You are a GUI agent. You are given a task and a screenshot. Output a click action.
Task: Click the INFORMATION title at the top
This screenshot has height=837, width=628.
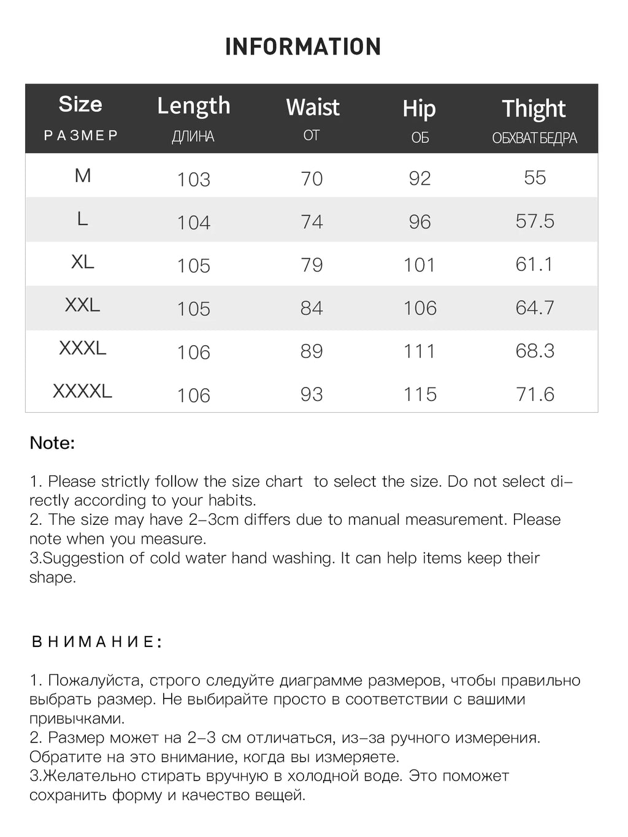tap(303, 47)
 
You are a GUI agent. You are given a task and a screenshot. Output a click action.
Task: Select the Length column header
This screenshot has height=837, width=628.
tap(194, 106)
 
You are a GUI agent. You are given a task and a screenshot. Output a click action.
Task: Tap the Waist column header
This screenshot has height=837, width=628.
tap(312, 107)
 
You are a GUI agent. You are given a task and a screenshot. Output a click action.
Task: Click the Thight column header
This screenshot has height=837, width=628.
tap(534, 109)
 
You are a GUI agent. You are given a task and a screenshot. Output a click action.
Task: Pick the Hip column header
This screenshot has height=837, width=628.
tap(419, 109)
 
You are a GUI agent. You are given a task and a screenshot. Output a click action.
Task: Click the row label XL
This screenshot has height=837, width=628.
tap(83, 262)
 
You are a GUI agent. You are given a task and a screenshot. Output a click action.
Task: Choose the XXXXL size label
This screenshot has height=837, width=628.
tap(83, 391)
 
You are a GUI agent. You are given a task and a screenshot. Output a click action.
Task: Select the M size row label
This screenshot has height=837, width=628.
tap(83, 176)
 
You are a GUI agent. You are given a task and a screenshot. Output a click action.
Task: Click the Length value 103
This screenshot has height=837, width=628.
tap(194, 179)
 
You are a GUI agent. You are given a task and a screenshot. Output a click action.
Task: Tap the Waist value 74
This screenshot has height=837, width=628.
tap(312, 221)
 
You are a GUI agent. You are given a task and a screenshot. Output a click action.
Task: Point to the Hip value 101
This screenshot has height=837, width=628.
tap(419, 265)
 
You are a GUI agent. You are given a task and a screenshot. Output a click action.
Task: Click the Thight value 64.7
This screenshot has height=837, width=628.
tap(535, 308)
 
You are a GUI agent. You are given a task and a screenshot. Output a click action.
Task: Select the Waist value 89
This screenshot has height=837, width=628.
tap(312, 351)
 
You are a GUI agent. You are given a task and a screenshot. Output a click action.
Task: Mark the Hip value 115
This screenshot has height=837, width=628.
tap(420, 394)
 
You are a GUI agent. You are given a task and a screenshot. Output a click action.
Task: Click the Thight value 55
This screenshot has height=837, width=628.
tap(535, 178)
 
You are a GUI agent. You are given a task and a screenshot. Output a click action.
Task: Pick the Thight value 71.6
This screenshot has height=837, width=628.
tap(535, 394)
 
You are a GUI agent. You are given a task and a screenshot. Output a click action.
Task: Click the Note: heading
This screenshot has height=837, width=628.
tap(52, 443)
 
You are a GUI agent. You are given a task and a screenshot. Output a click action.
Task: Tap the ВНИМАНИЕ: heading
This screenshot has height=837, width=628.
tap(97, 642)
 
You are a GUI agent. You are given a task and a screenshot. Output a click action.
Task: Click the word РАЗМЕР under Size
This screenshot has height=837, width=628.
tap(81, 136)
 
